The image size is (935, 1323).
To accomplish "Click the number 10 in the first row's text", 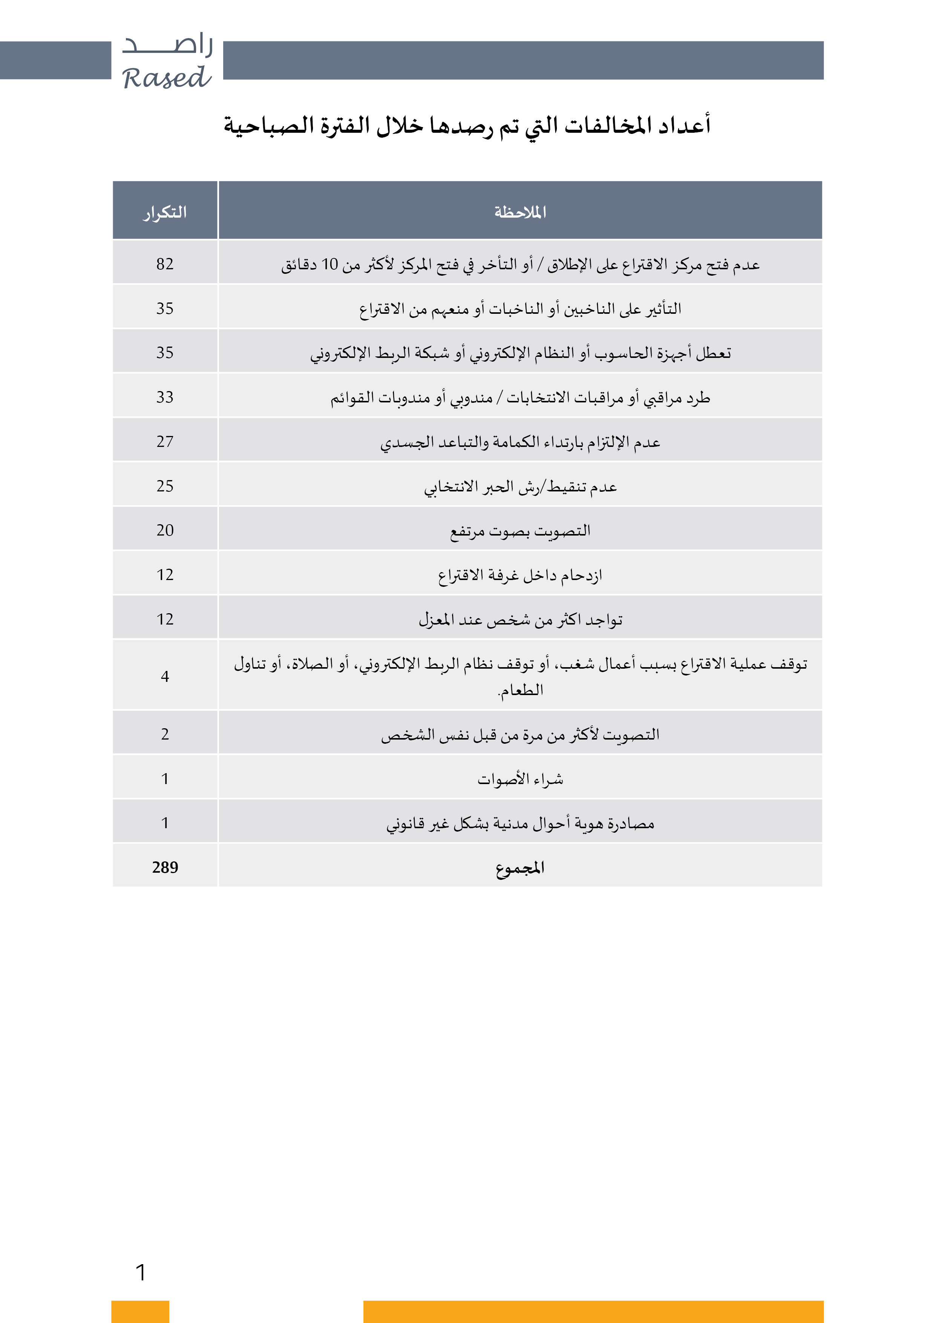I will pos(330,264).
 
